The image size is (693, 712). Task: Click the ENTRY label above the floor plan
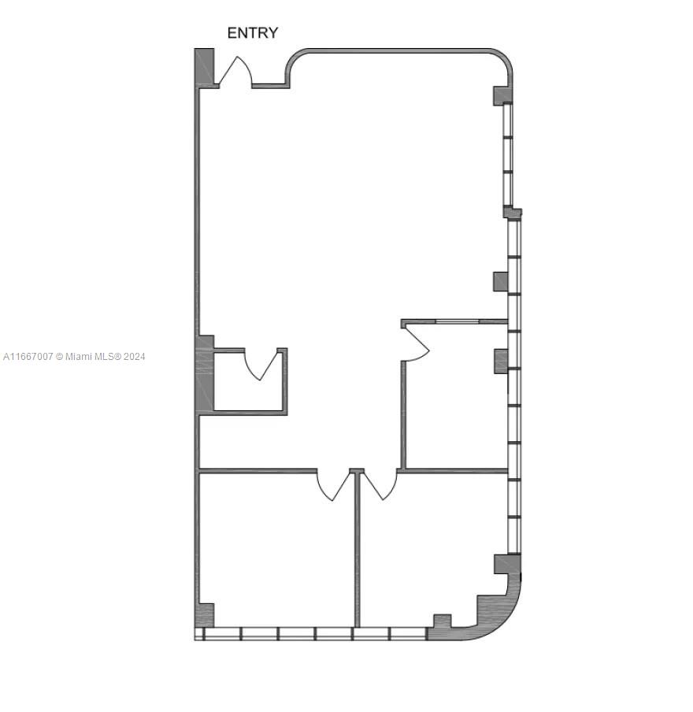(x=253, y=33)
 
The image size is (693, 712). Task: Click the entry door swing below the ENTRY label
(x=235, y=72)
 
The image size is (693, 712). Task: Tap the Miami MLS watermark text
(x=74, y=357)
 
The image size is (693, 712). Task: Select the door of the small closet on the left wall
(x=261, y=364)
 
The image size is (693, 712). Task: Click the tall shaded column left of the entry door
(x=204, y=67)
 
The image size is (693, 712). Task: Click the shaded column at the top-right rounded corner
(x=502, y=96)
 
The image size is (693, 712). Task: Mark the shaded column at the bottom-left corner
(x=206, y=616)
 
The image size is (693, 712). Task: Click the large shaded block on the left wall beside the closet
(x=205, y=373)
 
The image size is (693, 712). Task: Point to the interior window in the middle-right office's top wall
(x=458, y=322)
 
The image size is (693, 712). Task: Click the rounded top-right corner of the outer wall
(x=502, y=58)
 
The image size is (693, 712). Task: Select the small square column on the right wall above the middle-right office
(x=500, y=281)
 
